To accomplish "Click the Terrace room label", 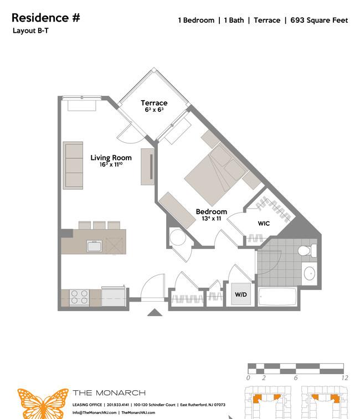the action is [154, 103].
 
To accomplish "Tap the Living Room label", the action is [111, 158].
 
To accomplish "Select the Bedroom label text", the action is [212, 211].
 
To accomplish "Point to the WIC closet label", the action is [264, 224].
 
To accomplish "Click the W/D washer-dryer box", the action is [241, 294].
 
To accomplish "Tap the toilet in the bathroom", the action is [307, 251].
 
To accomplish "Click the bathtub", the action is [277, 297].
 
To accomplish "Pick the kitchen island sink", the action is [94, 246].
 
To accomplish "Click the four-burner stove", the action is [79, 297].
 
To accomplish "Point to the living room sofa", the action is [73, 165].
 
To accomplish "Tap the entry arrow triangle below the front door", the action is [155, 312].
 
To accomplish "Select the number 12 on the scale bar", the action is [344, 377].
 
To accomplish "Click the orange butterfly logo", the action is [43, 404].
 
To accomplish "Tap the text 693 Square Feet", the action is [319, 20].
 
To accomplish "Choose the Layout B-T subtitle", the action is [31, 31].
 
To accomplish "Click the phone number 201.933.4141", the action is [117, 405].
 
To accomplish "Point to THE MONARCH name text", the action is [109, 393].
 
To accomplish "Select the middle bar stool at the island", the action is [99, 225].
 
